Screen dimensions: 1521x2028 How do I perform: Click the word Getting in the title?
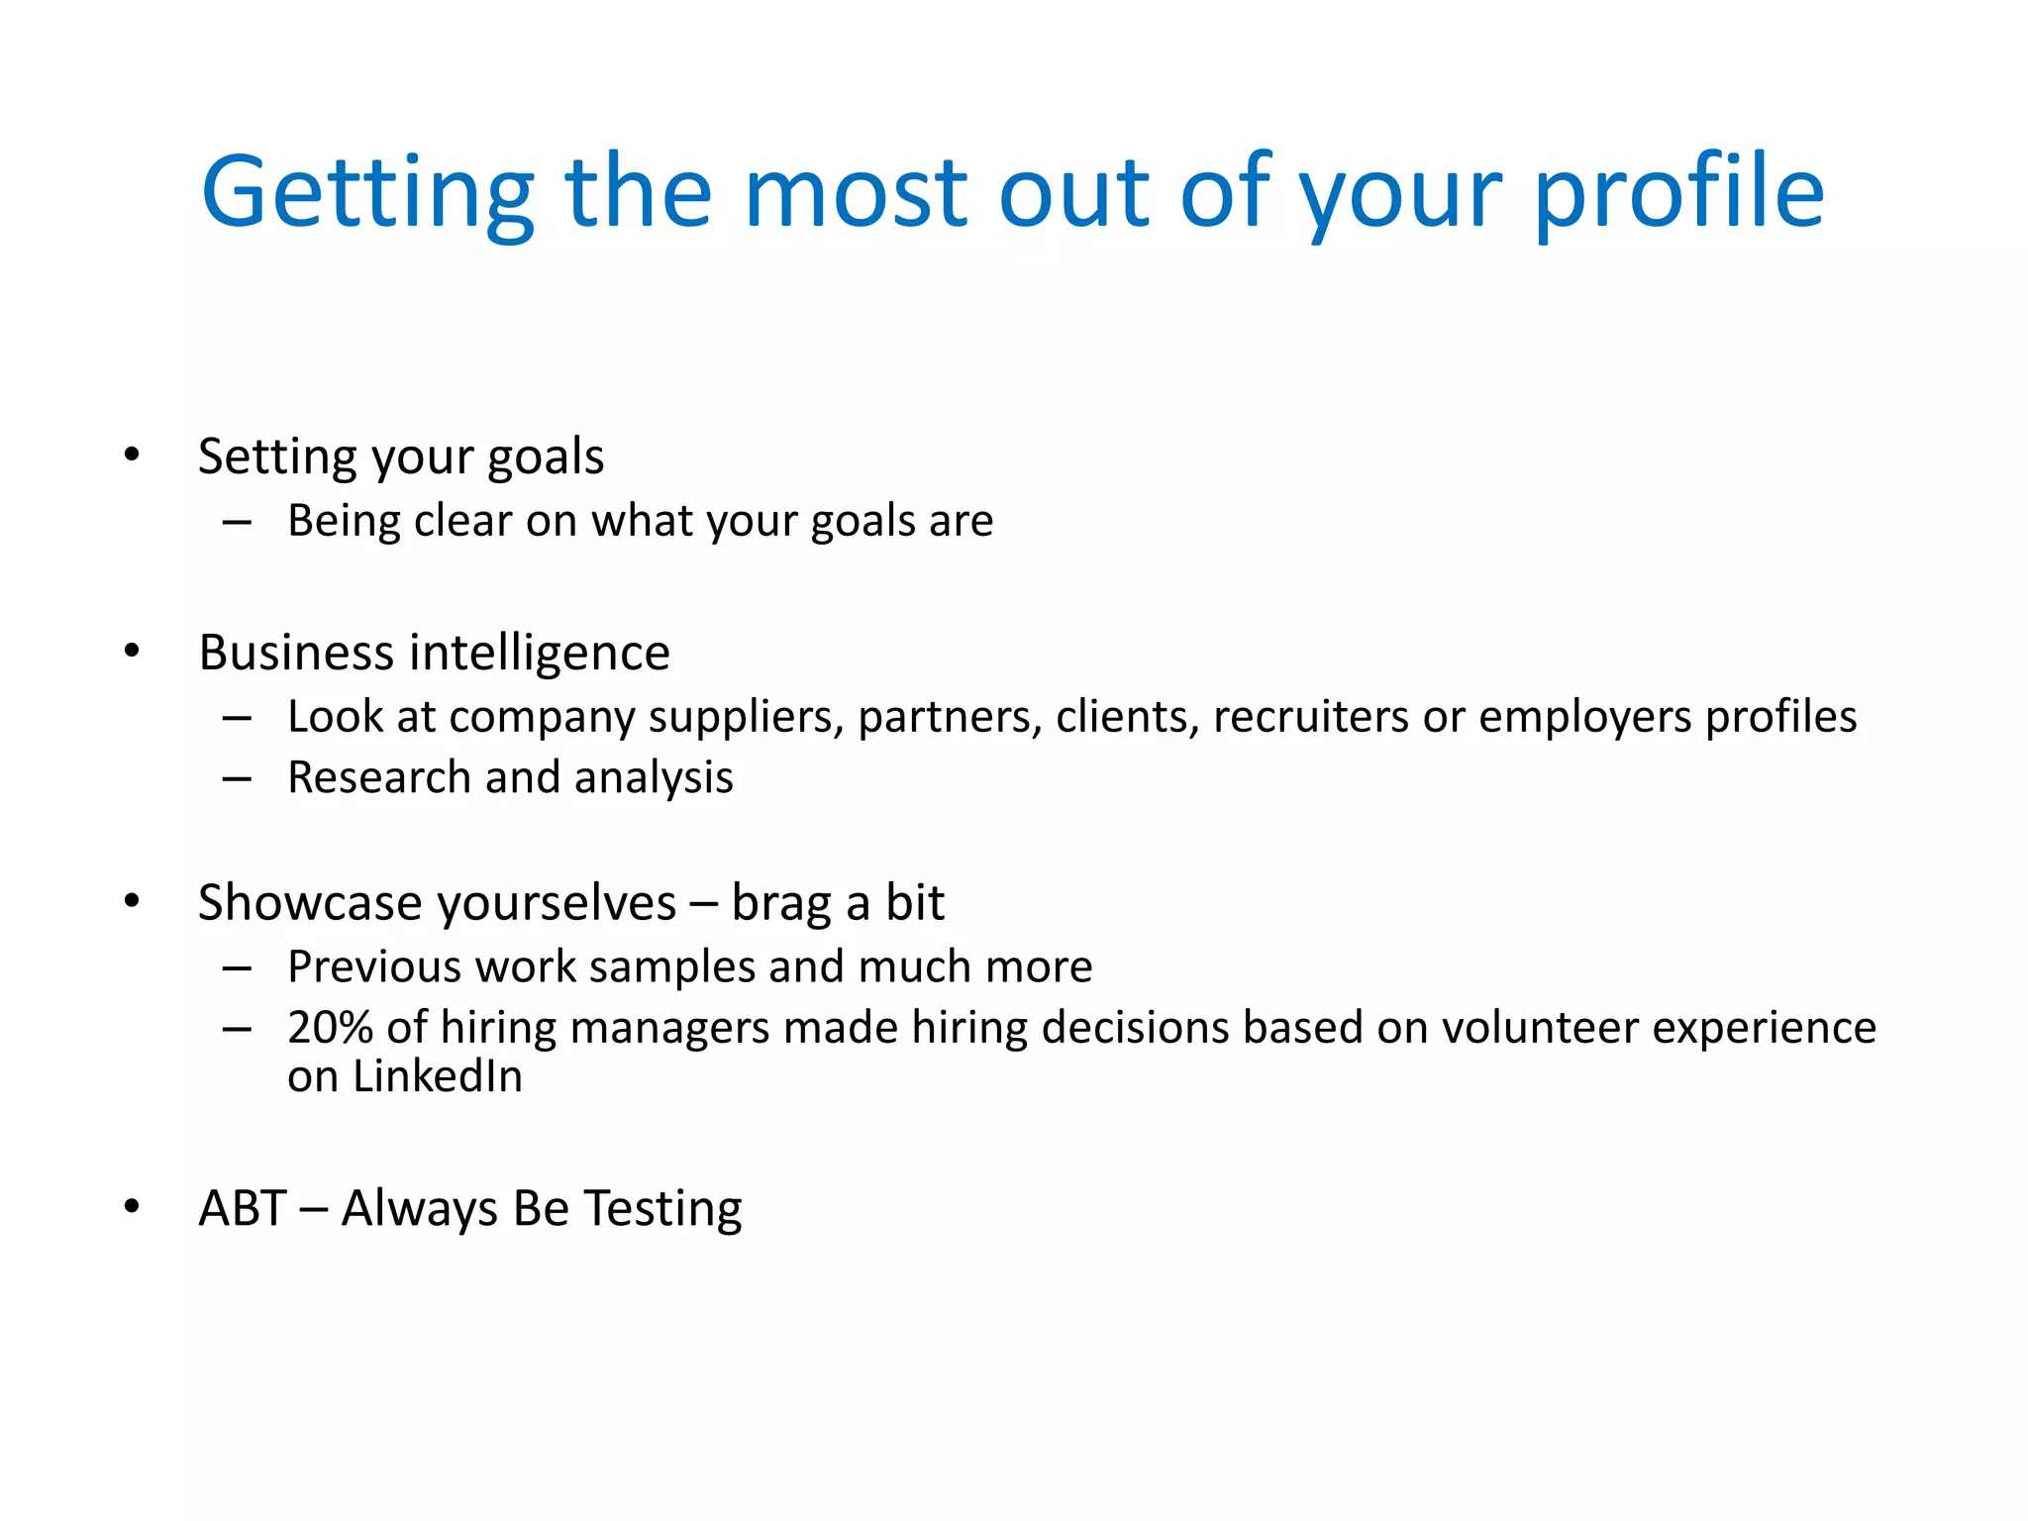[x=366, y=193]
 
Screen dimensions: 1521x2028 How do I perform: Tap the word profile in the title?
[x=1678, y=193]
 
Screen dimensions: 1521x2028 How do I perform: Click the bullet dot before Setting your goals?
[x=132, y=456]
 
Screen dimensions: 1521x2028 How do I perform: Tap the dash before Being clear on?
[x=237, y=522]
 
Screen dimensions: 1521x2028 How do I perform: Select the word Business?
[x=296, y=653]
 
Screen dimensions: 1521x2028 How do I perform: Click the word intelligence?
[x=540, y=654]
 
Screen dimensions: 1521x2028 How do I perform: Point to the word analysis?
[x=654, y=778]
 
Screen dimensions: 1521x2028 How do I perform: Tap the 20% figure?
[x=330, y=1028]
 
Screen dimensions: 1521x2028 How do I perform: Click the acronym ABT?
[x=243, y=1208]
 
